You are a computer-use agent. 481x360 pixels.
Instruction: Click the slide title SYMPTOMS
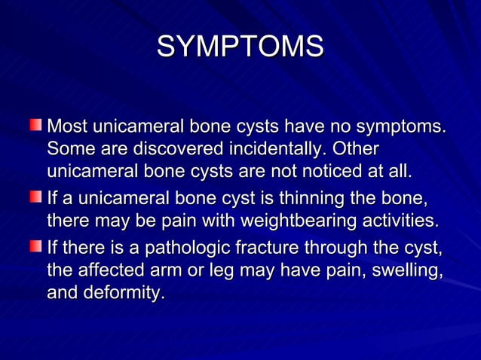pyautogui.click(x=240, y=46)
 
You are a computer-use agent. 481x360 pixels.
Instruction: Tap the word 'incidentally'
pyautogui.click(x=274, y=148)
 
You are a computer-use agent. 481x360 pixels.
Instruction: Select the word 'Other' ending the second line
pyautogui.click(x=355, y=148)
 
